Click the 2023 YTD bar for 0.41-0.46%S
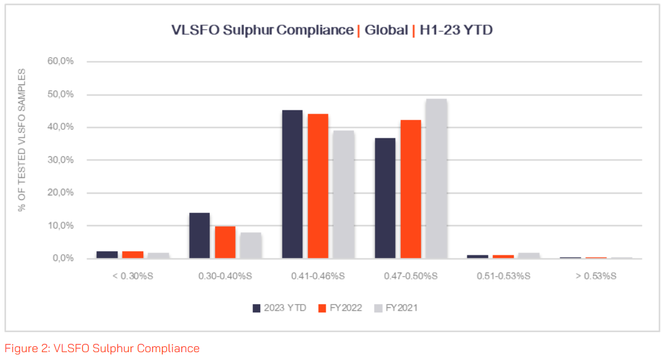point(292,184)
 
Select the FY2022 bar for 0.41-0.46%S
point(318,186)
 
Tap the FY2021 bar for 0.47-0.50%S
point(437,179)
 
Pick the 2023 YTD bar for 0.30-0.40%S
point(199,236)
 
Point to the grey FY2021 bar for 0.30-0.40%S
point(251,245)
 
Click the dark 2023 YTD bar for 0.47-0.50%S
point(385,198)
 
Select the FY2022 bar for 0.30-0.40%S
point(225,242)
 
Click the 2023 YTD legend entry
point(279,308)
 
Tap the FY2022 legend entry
point(340,308)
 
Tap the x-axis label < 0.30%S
point(133,276)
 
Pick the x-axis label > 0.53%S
point(596,276)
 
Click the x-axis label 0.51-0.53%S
point(503,276)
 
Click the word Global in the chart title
point(386,30)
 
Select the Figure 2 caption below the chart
point(102,348)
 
